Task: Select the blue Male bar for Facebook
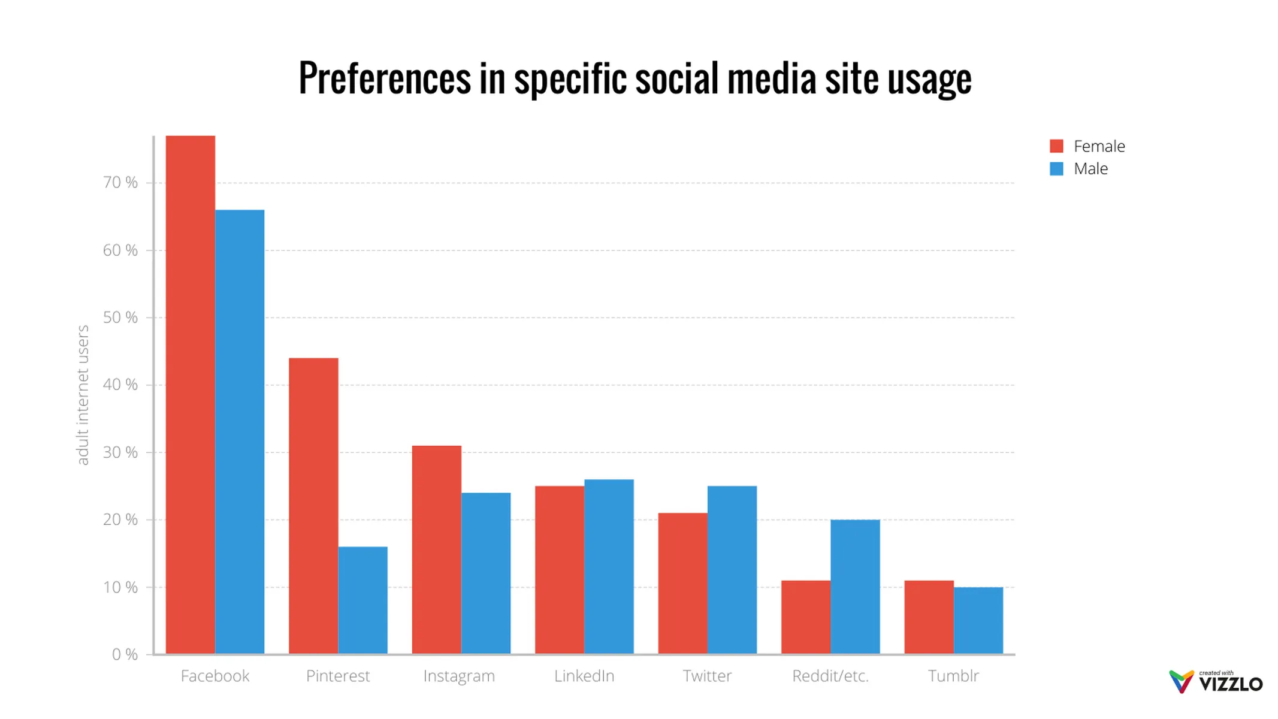(x=240, y=431)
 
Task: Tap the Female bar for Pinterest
(x=313, y=506)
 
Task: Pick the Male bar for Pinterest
(x=362, y=600)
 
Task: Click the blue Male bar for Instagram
(x=486, y=573)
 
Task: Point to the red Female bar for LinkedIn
(x=560, y=569)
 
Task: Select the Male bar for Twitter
(x=732, y=569)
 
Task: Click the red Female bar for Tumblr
(x=929, y=617)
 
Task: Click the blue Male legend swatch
(x=1056, y=169)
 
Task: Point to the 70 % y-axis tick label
(x=120, y=183)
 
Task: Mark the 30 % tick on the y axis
(x=120, y=452)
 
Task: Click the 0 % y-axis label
(x=125, y=654)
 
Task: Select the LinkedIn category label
(x=584, y=676)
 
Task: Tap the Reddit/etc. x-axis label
(x=830, y=676)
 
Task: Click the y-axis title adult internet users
(x=83, y=395)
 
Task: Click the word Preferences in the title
(x=385, y=78)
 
